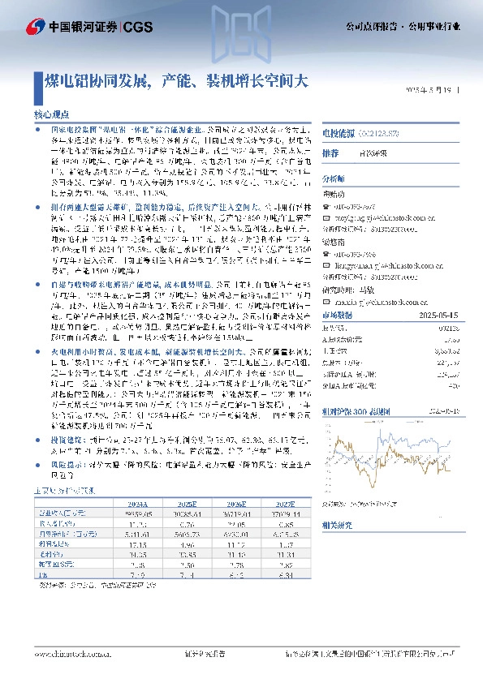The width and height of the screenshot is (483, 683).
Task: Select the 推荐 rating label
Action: point(330,153)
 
